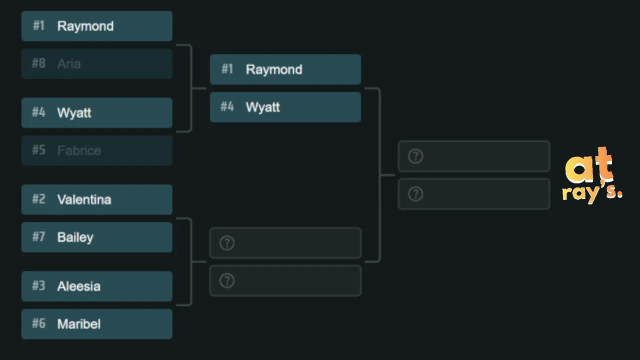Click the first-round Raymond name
tap(85, 26)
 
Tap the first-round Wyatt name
tap(74, 113)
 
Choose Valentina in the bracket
tap(84, 199)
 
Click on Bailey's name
tap(75, 237)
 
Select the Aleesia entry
tap(79, 286)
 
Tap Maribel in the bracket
tap(79, 324)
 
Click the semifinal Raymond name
tap(274, 69)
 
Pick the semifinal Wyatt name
tap(263, 107)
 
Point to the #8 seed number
tap(38, 63)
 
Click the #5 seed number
tap(38, 150)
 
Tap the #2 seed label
tap(38, 199)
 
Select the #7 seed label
tap(38, 236)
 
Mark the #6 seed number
tap(38, 323)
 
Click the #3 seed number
tap(38, 285)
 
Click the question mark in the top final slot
tap(415, 156)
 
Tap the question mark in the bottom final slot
tap(415, 194)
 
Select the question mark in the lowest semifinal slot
tap(227, 281)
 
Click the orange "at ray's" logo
tap(592, 175)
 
